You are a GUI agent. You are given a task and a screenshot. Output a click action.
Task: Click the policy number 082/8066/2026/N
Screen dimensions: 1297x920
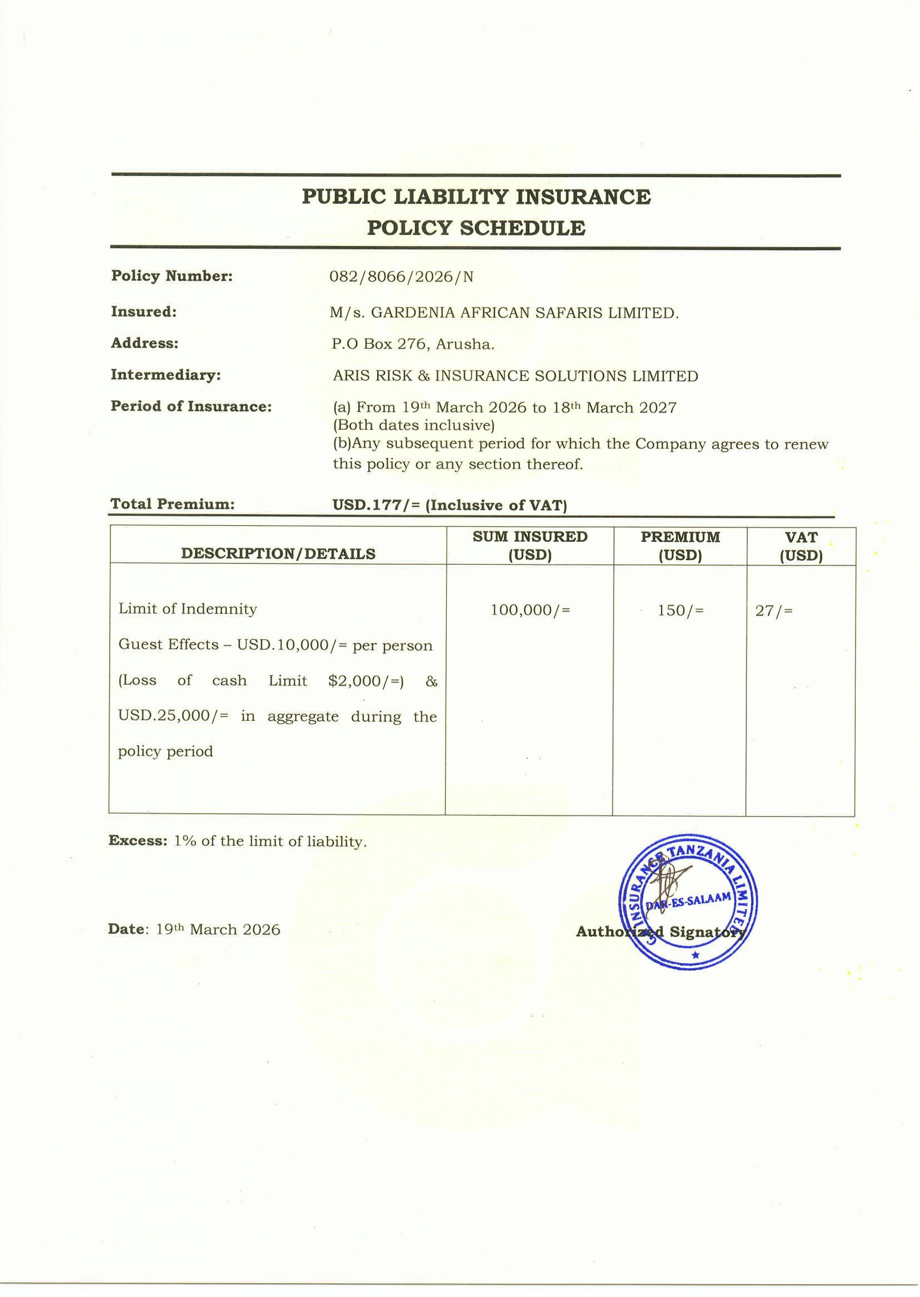pos(401,277)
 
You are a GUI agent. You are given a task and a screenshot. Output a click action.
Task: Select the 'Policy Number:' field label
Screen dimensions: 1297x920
pos(172,276)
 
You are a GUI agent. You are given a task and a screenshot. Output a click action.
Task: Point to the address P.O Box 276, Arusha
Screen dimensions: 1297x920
pos(413,344)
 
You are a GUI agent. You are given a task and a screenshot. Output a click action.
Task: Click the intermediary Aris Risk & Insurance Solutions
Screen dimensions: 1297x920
pos(515,376)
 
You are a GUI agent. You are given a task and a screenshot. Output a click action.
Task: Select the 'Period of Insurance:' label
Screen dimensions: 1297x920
pos(191,406)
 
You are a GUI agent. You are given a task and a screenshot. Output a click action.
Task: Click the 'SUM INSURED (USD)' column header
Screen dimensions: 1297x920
pos(530,545)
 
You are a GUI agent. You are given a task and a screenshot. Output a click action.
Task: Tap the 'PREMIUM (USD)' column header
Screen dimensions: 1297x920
pos(680,546)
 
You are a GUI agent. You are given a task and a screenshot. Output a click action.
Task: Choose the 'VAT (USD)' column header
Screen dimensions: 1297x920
pos(801,546)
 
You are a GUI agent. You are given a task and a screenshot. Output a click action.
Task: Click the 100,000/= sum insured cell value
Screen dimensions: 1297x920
pos(530,610)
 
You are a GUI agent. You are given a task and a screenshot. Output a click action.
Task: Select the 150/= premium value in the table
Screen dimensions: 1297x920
pos(680,610)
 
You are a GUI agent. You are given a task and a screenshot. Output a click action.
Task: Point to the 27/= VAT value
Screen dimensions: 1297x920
pos(774,610)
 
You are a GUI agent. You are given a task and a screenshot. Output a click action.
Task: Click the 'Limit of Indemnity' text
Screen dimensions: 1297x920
pos(187,609)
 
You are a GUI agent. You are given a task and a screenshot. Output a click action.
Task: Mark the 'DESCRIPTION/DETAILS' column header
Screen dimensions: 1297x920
pos(278,553)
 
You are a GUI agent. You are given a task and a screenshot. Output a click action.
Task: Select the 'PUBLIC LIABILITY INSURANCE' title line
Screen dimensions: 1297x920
pos(476,197)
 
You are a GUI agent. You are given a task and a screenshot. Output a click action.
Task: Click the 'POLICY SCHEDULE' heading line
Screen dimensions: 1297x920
pos(476,228)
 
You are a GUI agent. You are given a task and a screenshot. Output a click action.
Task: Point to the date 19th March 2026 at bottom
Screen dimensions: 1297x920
pos(218,929)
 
